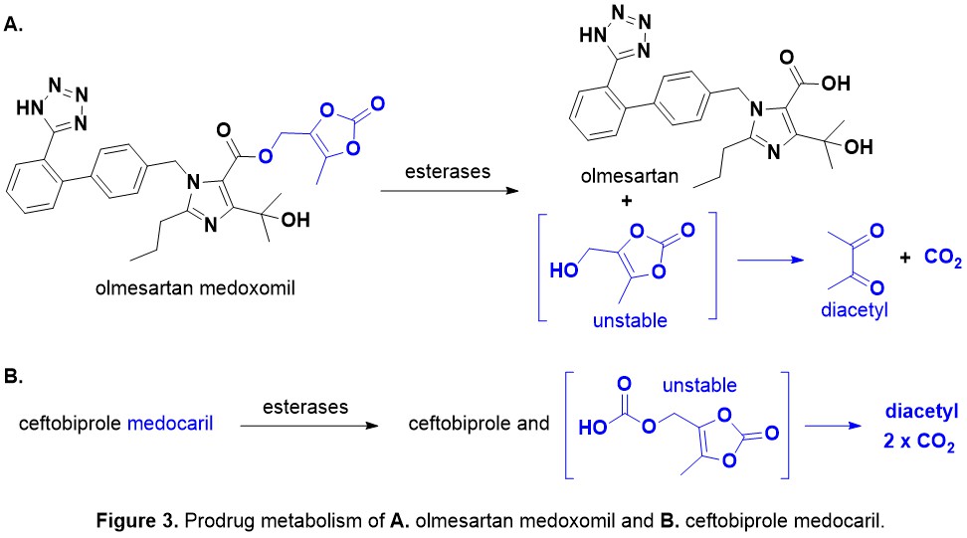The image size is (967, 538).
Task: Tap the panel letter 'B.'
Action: [x=15, y=378]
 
